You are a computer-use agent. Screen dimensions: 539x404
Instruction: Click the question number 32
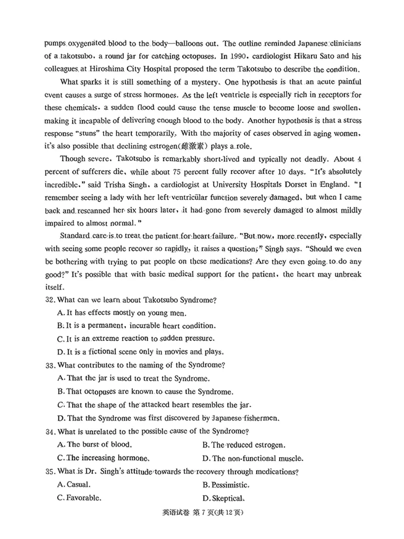click(x=50, y=300)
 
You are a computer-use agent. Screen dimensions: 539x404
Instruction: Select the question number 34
click(x=50, y=431)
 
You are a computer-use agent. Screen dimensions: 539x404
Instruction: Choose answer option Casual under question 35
click(x=74, y=484)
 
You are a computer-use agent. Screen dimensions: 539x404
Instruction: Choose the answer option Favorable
click(x=79, y=498)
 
